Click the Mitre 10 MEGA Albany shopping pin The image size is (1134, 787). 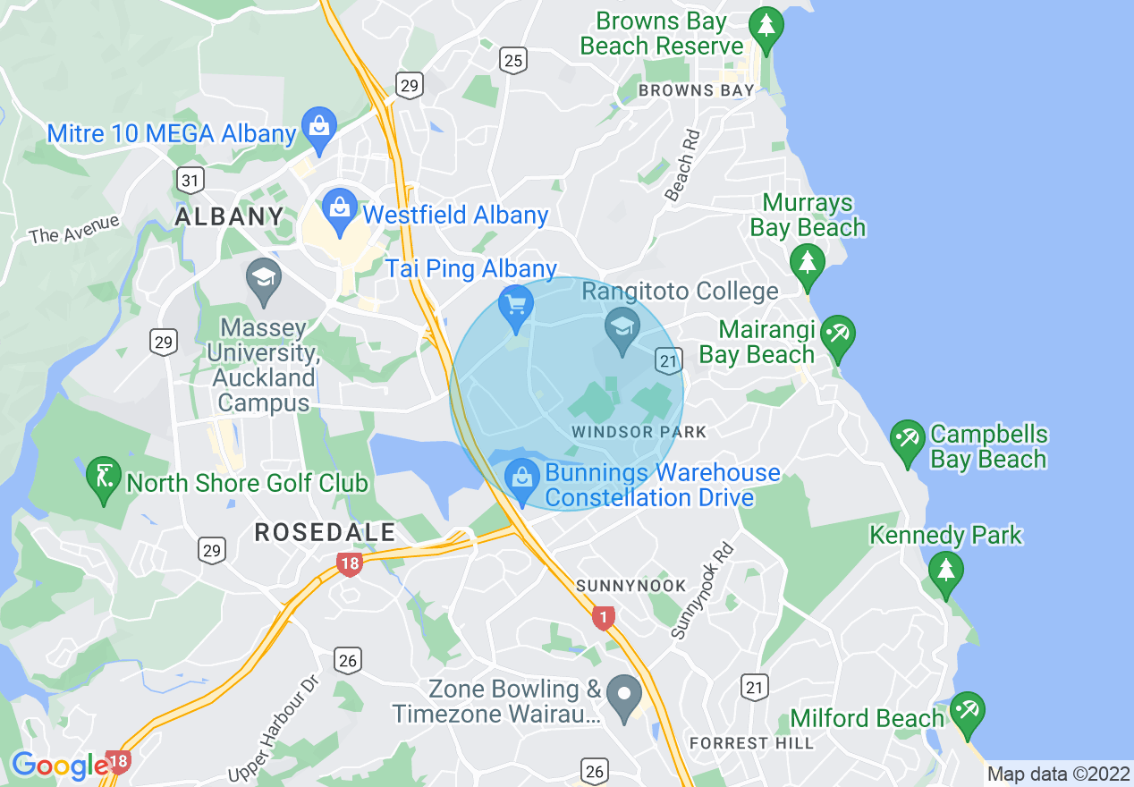pos(319,128)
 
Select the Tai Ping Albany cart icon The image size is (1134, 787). pos(515,305)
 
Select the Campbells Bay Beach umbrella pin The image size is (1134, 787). pos(908,439)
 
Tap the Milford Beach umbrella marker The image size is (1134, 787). pos(967,711)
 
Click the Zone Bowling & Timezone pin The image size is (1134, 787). pos(624,694)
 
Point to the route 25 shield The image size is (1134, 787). pos(513,61)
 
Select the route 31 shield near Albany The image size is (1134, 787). pos(190,181)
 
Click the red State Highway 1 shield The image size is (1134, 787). pos(605,617)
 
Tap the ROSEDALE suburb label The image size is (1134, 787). pos(325,533)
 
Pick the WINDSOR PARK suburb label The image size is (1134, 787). pos(639,432)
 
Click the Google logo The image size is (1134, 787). pos(59,766)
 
